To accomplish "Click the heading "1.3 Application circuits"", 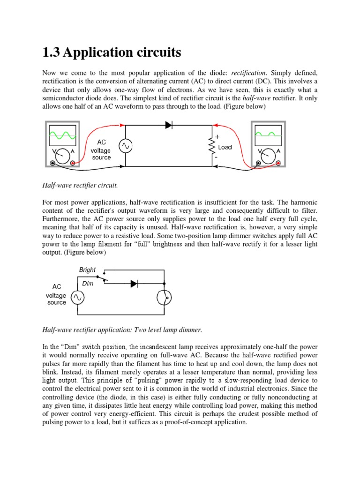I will pos(112,52).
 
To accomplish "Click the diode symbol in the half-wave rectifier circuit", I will pos(169,125).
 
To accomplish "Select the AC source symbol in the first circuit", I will pos(125,146).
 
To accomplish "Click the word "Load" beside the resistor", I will pos(225,147).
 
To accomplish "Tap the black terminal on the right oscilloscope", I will pos(258,163).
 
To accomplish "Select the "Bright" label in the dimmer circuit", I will pos(88,270).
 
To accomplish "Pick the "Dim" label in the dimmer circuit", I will pos(88,284).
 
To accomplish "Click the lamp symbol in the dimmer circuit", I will pos(165,297).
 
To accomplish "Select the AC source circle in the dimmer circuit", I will pos(76,297).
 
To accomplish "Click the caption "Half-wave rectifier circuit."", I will pos(80,185).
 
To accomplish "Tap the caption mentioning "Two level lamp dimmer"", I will pos(122,330).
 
